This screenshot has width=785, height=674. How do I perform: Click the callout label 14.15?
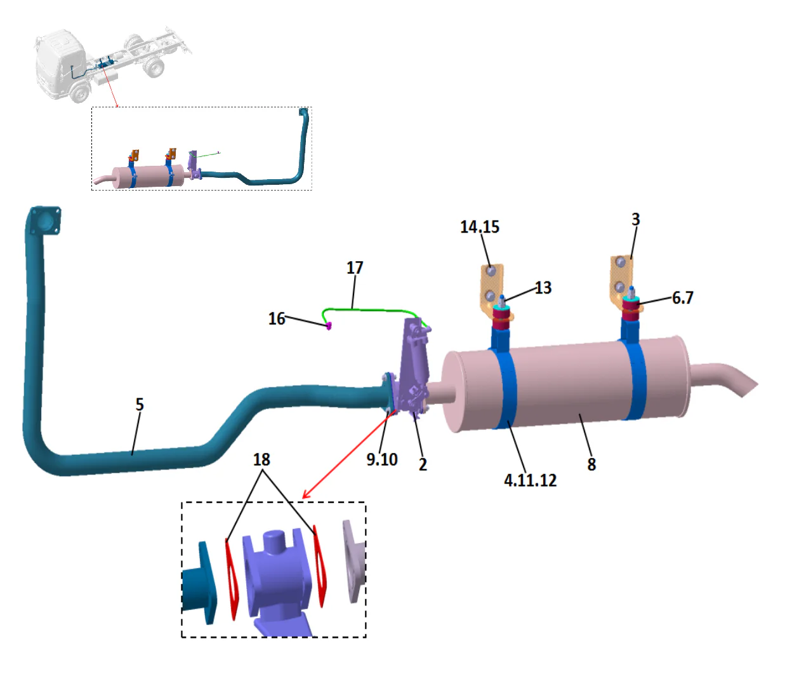pos(479,227)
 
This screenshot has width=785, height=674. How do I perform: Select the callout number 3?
pos(635,219)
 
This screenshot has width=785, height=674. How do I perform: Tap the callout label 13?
pos(543,288)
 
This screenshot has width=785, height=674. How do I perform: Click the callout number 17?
pos(355,267)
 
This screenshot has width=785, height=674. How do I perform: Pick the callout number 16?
pos(277,318)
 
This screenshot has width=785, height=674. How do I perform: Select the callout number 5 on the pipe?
pos(140,405)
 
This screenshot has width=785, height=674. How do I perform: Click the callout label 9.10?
pos(381,459)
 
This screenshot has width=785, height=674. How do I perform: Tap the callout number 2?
pos(423,465)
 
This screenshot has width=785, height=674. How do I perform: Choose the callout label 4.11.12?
pos(530,480)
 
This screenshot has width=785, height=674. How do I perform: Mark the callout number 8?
pos(591,465)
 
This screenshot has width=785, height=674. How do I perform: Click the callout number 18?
pos(261,459)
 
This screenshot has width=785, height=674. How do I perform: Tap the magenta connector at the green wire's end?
pos(329,327)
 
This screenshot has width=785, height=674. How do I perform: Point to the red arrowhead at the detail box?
pos(306,495)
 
